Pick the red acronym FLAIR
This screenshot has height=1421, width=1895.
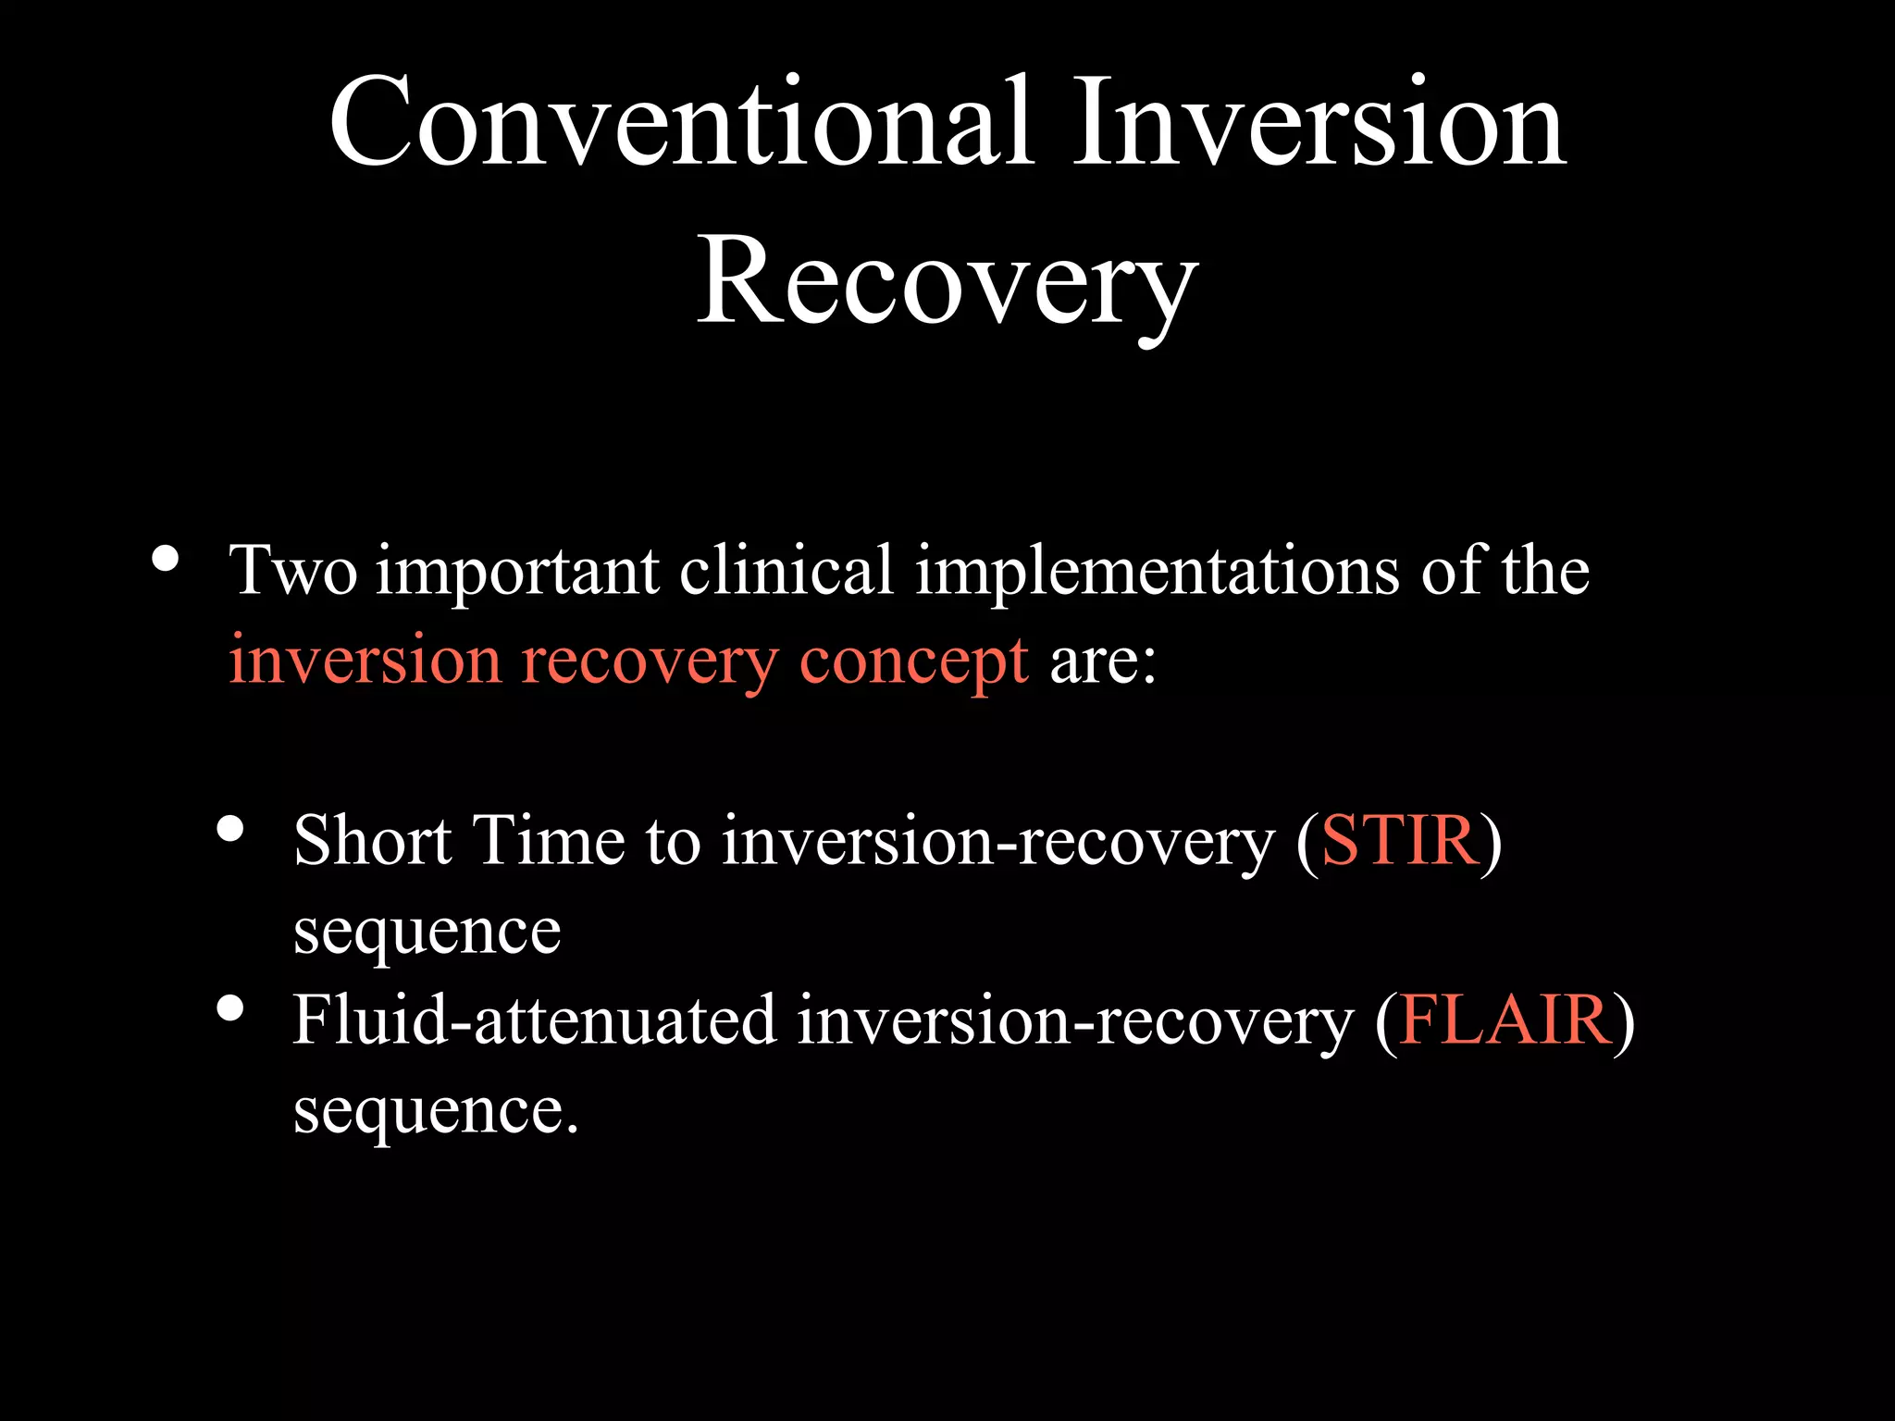tap(1505, 1020)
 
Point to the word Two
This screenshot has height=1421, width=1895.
tap(292, 571)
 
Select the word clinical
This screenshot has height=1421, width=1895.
tap(786, 571)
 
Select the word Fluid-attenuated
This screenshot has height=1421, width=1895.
tap(534, 1020)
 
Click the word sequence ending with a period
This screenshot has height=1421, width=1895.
tap(435, 1111)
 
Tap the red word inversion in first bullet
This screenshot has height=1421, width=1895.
tap(365, 662)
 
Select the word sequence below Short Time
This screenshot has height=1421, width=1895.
tap(427, 932)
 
